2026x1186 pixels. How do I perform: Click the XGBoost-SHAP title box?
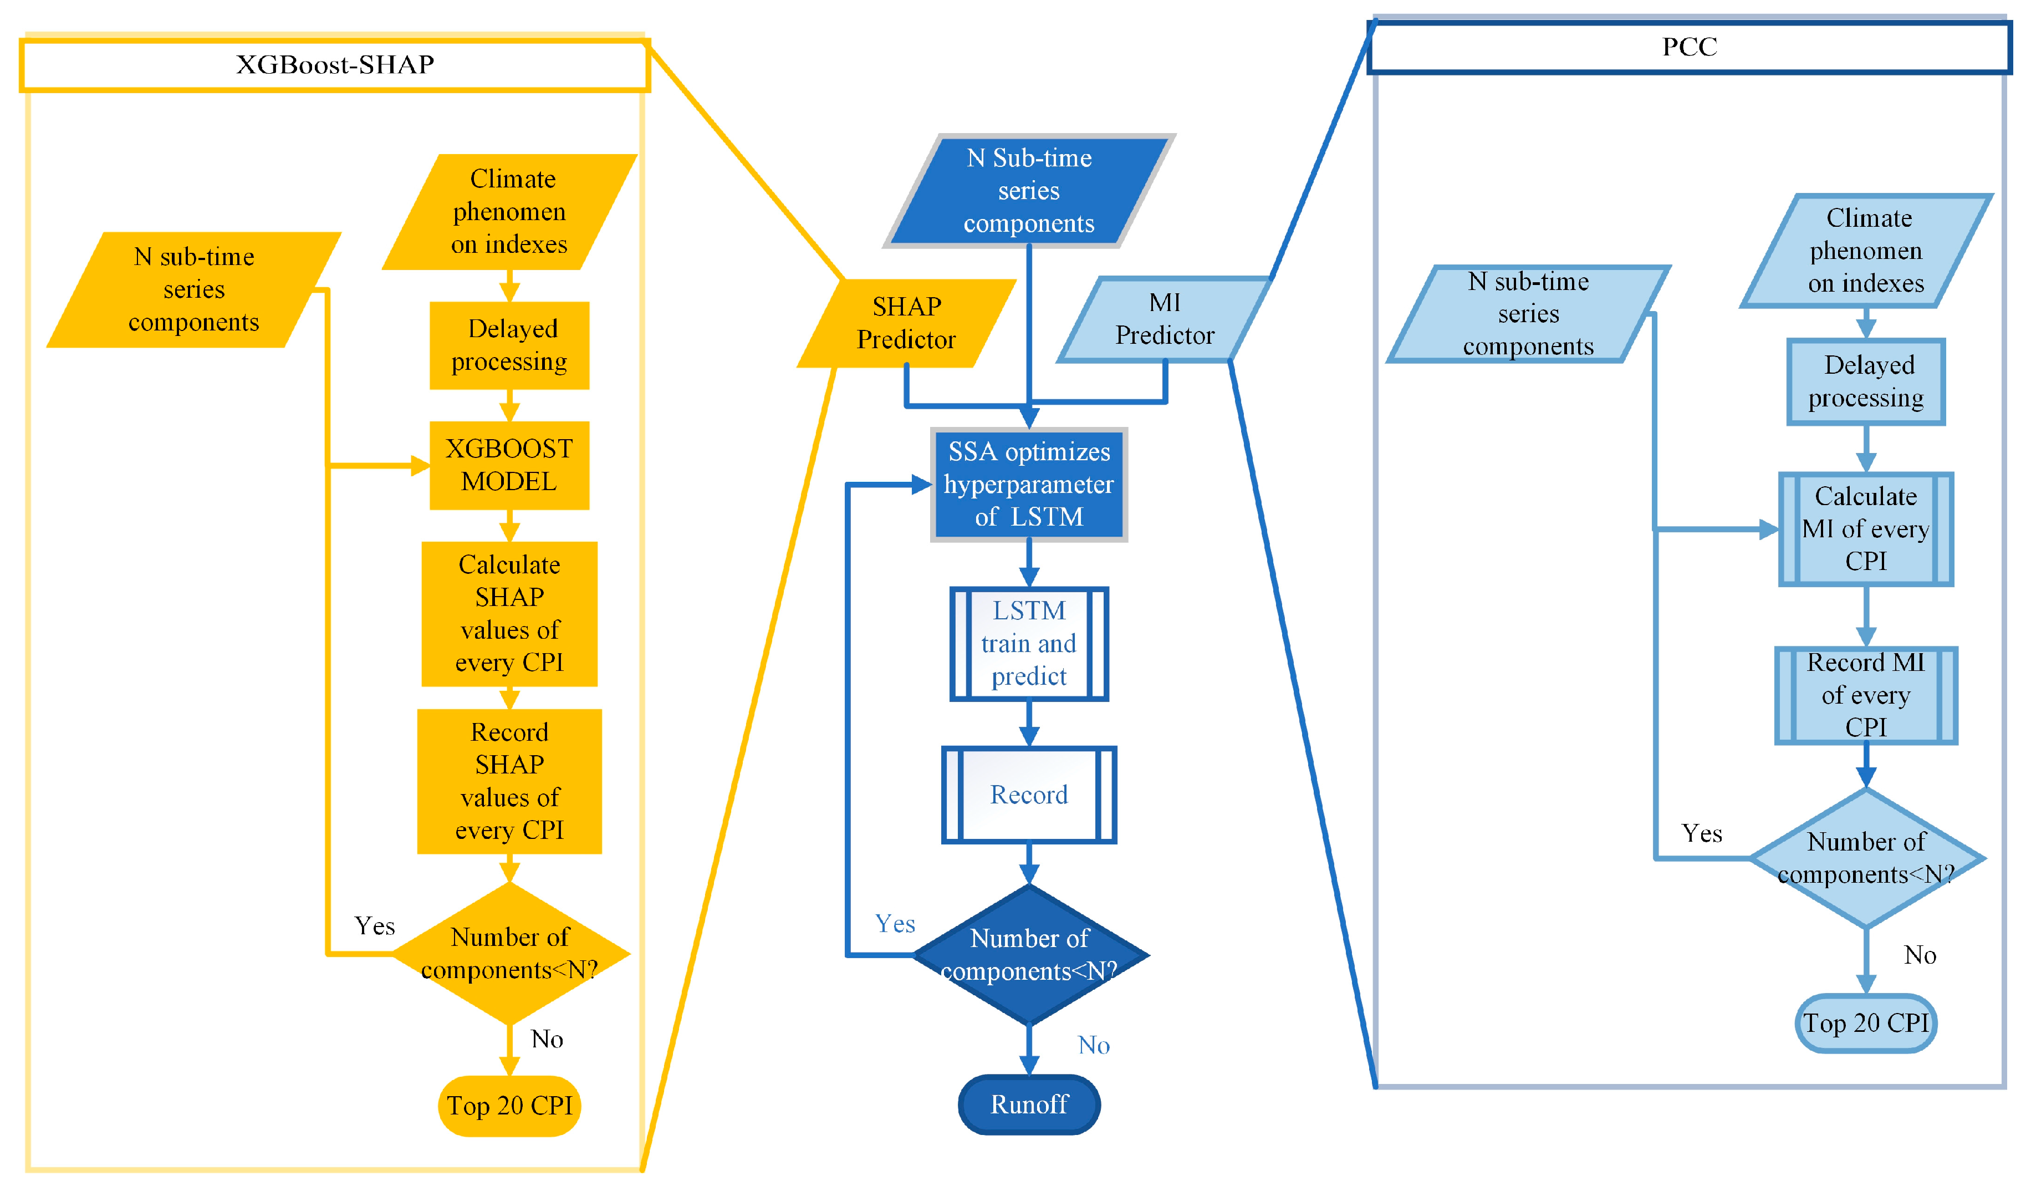[x=334, y=64]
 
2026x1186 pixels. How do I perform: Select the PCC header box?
[x=1688, y=47]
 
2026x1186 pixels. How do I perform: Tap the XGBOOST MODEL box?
[x=509, y=465]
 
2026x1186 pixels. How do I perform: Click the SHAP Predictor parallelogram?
[x=906, y=323]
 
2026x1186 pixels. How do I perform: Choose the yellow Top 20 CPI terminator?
[x=509, y=1106]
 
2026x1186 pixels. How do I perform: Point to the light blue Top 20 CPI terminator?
[x=1865, y=1023]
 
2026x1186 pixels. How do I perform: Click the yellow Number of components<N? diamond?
[x=509, y=954]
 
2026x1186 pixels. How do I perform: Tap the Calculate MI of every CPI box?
[x=1865, y=528]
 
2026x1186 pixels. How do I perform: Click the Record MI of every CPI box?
[x=1865, y=695]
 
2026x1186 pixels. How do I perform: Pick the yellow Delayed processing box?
[x=509, y=345]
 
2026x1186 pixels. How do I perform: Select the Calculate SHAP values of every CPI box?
[x=509, y=613]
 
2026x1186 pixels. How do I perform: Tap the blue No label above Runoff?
[x=1094, y=1045]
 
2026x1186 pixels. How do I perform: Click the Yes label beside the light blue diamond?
[x=1701, y=833]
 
